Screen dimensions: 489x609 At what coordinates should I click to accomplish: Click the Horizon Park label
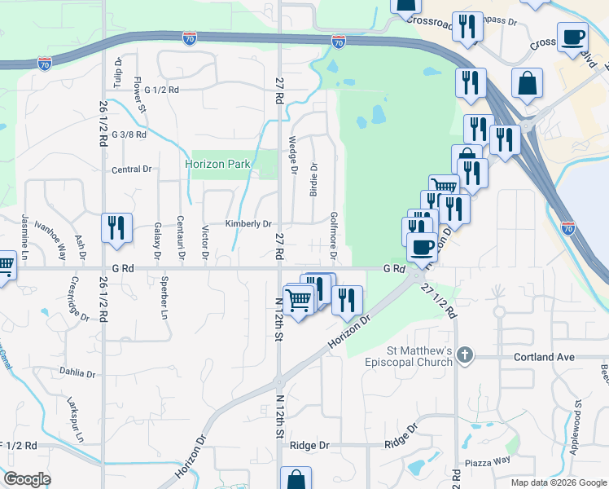click(x=217, y=164)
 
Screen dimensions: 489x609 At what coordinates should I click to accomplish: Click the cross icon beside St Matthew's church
click(x=464, y=355)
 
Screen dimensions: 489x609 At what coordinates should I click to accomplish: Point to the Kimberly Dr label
click(x=248, y=224)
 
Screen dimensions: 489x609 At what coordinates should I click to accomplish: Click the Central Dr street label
click(x=132, y=170)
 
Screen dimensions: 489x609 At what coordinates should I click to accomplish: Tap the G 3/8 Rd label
click(x=129, y=134)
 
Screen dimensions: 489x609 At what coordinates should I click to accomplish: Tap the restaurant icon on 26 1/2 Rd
click(x=117, y=227)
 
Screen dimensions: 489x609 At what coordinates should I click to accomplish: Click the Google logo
click(x=28, y=480)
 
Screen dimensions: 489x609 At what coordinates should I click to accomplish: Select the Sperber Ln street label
click(x=164, y=302)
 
